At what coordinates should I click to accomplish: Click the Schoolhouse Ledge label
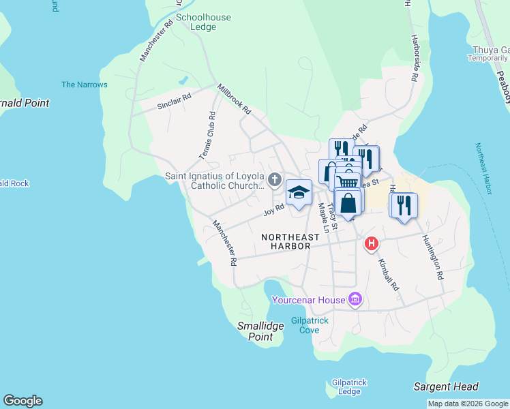click(203, 22)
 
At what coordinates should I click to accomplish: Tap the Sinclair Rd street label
click(174, 102)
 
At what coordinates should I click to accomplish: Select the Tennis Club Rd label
click(207, 136)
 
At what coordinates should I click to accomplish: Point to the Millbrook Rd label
click(235, 99)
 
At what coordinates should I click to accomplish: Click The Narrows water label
click(85, 85)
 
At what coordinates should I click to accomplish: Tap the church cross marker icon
click(275, 180)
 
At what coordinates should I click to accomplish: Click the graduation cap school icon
click(299, 192)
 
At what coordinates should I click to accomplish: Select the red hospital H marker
click(372, 243)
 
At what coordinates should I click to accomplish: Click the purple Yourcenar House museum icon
click(355, 299)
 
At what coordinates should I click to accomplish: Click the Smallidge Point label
click(260, 331)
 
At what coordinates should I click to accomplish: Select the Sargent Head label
click(446, 387)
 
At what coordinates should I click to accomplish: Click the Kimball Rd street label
click(388, 275)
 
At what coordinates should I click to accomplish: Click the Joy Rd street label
click(274, 209)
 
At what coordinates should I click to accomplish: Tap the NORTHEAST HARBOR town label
click(290, 241)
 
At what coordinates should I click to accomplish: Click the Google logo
click(22, 401)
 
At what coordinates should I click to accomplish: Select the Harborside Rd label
click(414, 59)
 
